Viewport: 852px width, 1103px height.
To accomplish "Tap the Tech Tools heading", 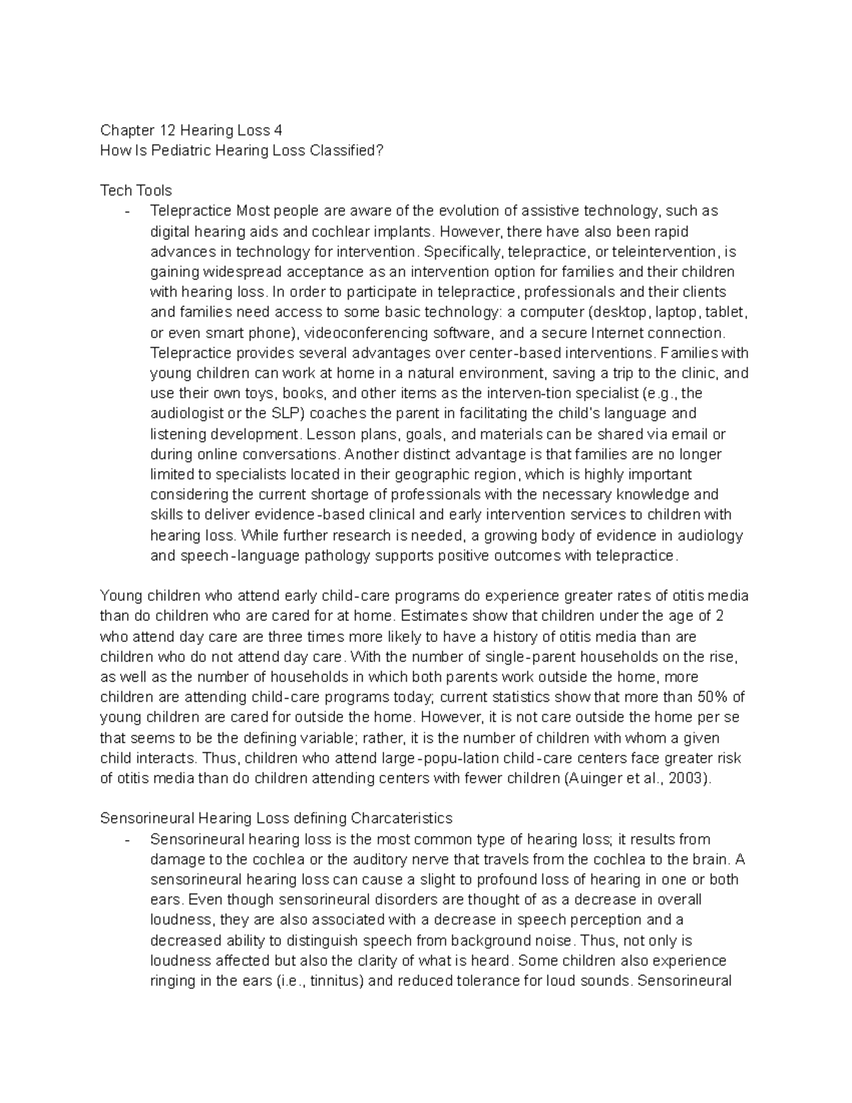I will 136,190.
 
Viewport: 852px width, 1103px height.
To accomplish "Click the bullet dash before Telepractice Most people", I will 126,211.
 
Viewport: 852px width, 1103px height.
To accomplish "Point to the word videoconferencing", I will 368,333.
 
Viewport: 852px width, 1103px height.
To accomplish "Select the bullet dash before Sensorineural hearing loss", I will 126,840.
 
